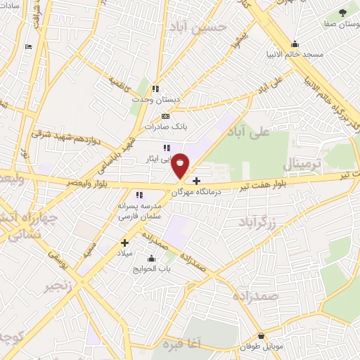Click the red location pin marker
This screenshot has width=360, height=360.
pos(181,165)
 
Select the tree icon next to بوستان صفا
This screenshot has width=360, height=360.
pos(343,12)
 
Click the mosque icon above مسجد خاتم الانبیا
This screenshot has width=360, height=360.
pos(295,42)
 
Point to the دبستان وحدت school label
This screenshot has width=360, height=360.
pos(156,100)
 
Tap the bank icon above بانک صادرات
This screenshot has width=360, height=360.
pos(165,116)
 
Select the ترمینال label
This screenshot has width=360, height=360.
pos(306,166)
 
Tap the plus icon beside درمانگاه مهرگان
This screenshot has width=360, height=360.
pos(195,181)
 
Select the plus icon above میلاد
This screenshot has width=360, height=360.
pos(124,243)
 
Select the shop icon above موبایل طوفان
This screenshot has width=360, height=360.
pos(262,336)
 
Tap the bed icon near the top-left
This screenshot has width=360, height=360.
pos(28,46)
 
